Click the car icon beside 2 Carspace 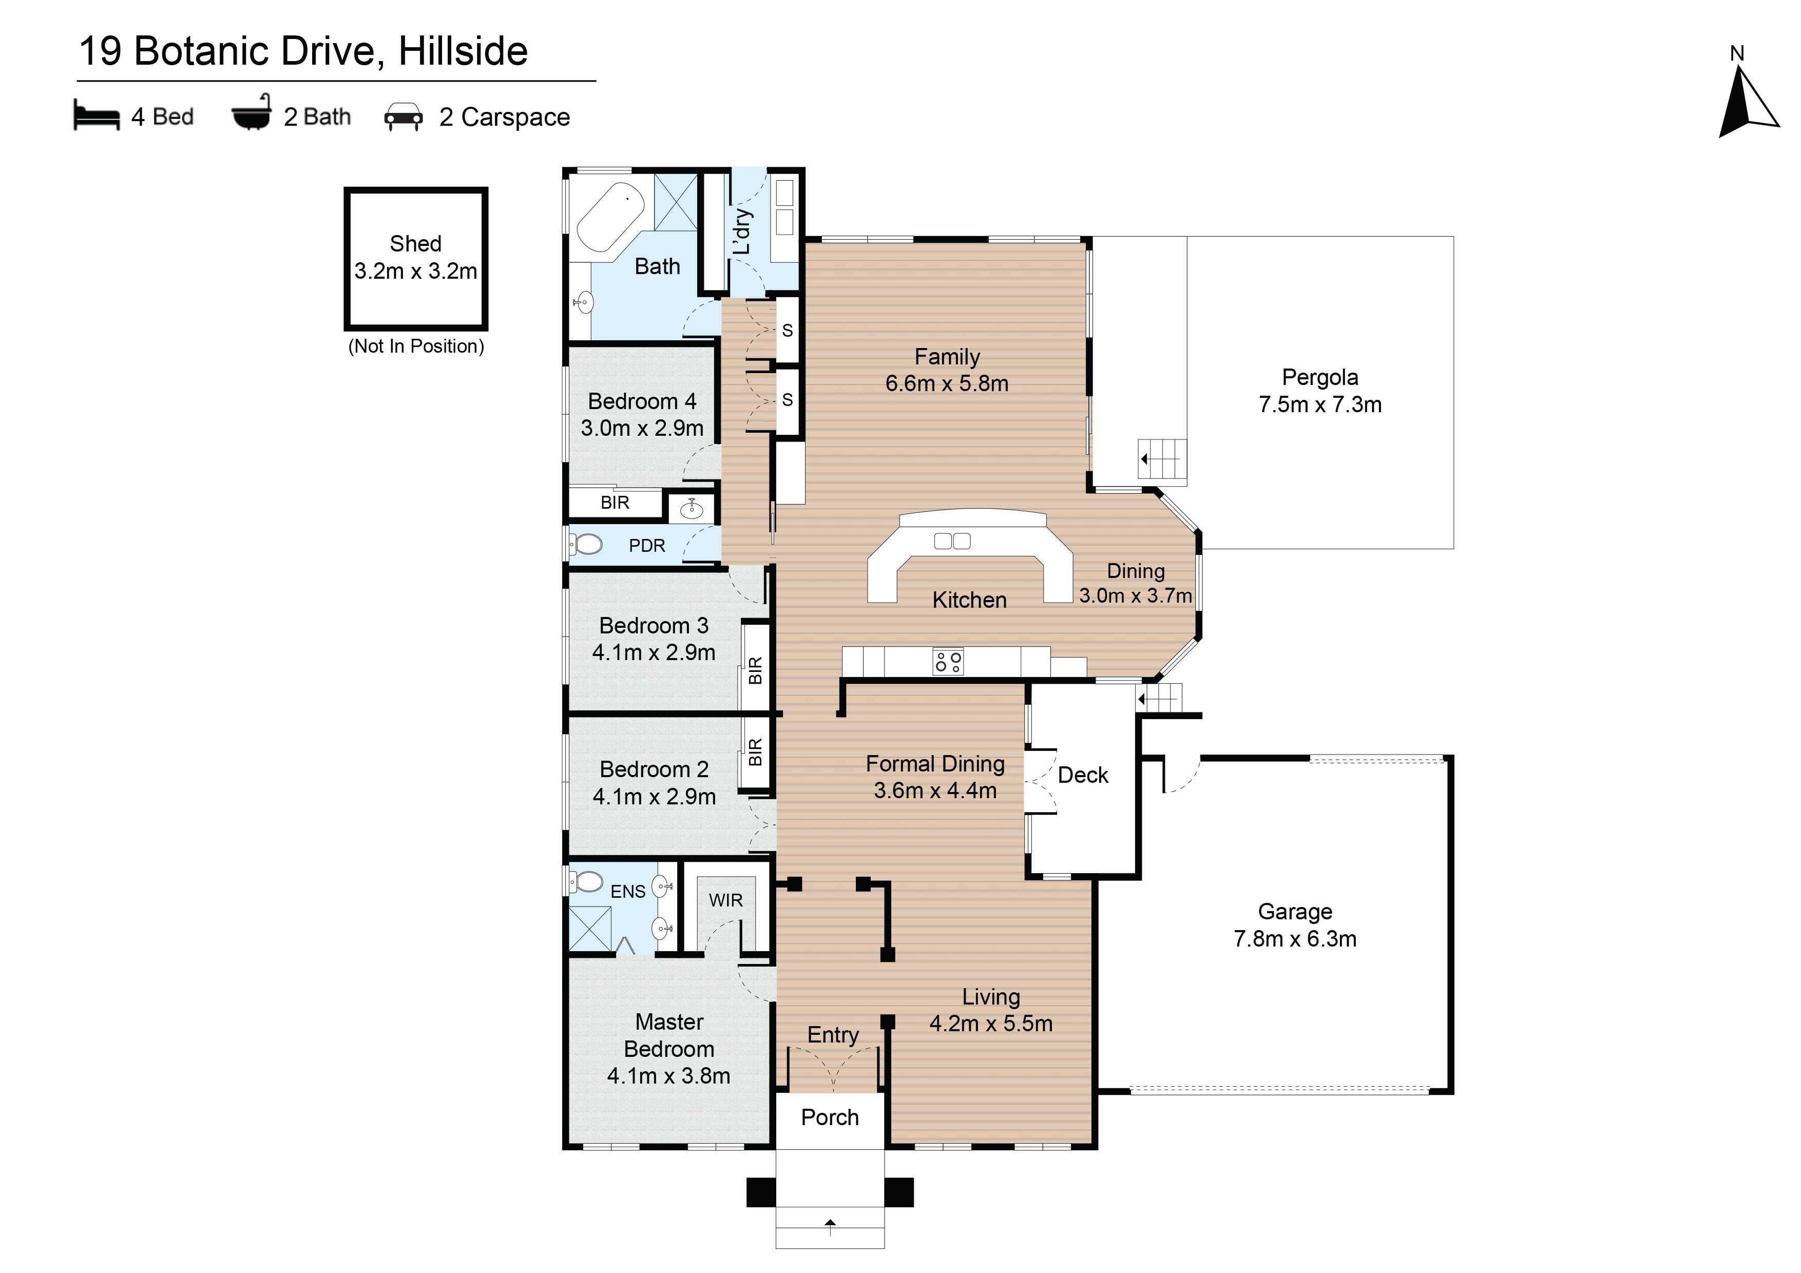click(403, 117)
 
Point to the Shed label click(416, 244)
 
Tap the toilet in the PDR click(586, 544)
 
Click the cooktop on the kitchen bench click(948, 661)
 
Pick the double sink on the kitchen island click(952, 541)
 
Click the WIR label click(725, 900)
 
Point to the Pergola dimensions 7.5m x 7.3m click(1320, 404)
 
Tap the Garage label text click(1295, 912)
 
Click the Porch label click(830, 1117)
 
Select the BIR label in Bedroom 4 click(615, 503)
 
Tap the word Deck click(1083, 775)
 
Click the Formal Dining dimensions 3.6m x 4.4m click(935, 790)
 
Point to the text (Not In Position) click(416, 346)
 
